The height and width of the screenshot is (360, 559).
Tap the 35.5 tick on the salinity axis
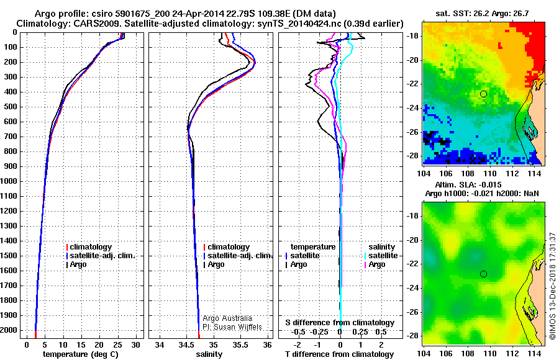[241, 344]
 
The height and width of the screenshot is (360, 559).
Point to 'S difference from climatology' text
[340, 323]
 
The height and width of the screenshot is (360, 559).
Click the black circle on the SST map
[484, 94]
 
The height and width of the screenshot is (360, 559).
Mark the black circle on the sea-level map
[484, 274]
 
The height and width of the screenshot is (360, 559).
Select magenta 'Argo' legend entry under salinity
[376, 264]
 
